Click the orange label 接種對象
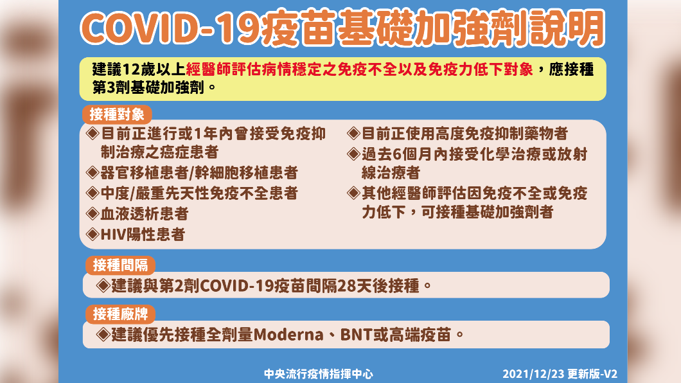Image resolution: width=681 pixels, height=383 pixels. pyautogui.click(x=117, y=114)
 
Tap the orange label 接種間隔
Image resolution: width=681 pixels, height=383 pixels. pyautogui.click(x=120, y=265)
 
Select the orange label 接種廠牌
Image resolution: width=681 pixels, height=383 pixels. pyautogui.click(x=120, y=314)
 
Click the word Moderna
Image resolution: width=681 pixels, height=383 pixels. pyautogui.click(x=288, y=335)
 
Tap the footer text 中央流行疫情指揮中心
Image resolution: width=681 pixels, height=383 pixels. pyautogui.click(x=319, y=374)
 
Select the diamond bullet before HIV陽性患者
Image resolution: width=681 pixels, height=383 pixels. pyautogui.click(x=93, y=234)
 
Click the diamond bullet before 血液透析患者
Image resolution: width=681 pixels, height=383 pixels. pyautogui.click(x=93, y=213)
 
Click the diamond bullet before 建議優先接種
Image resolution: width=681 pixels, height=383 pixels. pyautogui.click(x=103, y=334)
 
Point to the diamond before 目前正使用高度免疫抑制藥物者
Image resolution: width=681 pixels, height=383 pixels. pyautogui.click(x=353, y=133)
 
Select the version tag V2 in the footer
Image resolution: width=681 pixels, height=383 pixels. pyautogui.click(x=610, y=374)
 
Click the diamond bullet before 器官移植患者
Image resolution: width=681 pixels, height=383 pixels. pyautogui.click(x=93, y=172)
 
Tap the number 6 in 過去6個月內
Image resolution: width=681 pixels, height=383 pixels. pyautogui.click(x=397, y=154)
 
